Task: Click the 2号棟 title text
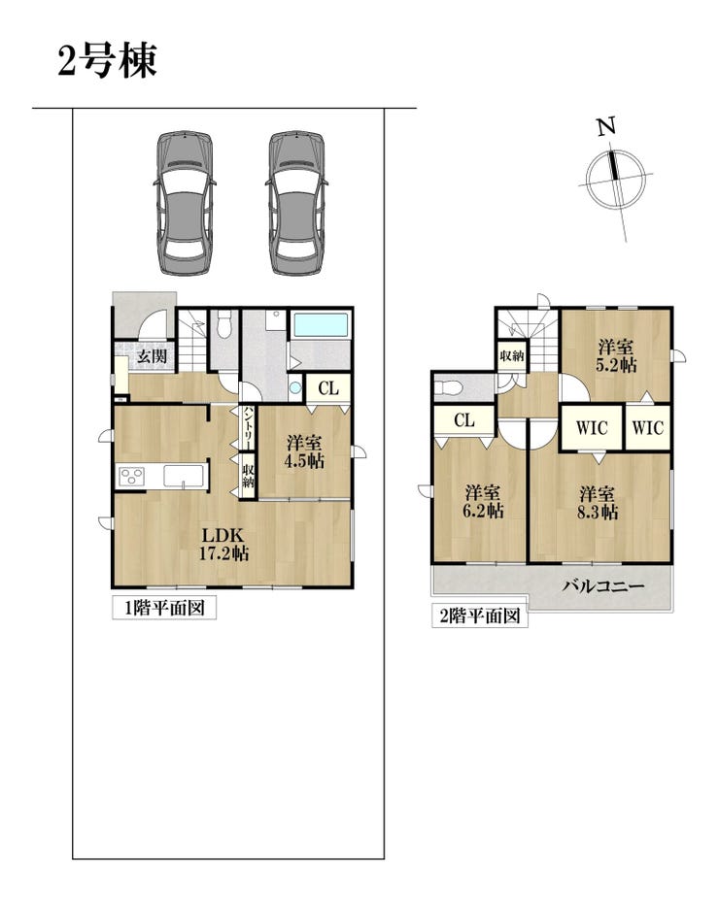pos(108,61)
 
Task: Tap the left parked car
pos(185,203)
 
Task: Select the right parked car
pos(296,203)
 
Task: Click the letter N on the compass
pos(606,126)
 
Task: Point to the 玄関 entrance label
pos(153,356)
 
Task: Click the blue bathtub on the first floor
pos(321,325)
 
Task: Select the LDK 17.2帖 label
pos(224,544)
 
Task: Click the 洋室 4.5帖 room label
pos(304,451)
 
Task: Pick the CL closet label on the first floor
pos(328,388)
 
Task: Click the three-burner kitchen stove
pos(131,477)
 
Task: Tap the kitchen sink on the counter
pos(184,476)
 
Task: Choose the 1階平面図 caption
pos(164,608)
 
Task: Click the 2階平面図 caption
pos(480,616)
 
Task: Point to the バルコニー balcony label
pos(603,586)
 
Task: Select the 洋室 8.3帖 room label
pos(598,503)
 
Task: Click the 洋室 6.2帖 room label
pos(483,502)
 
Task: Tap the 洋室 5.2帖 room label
pos(616,356)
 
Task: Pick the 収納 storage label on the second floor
pos(512,356)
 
